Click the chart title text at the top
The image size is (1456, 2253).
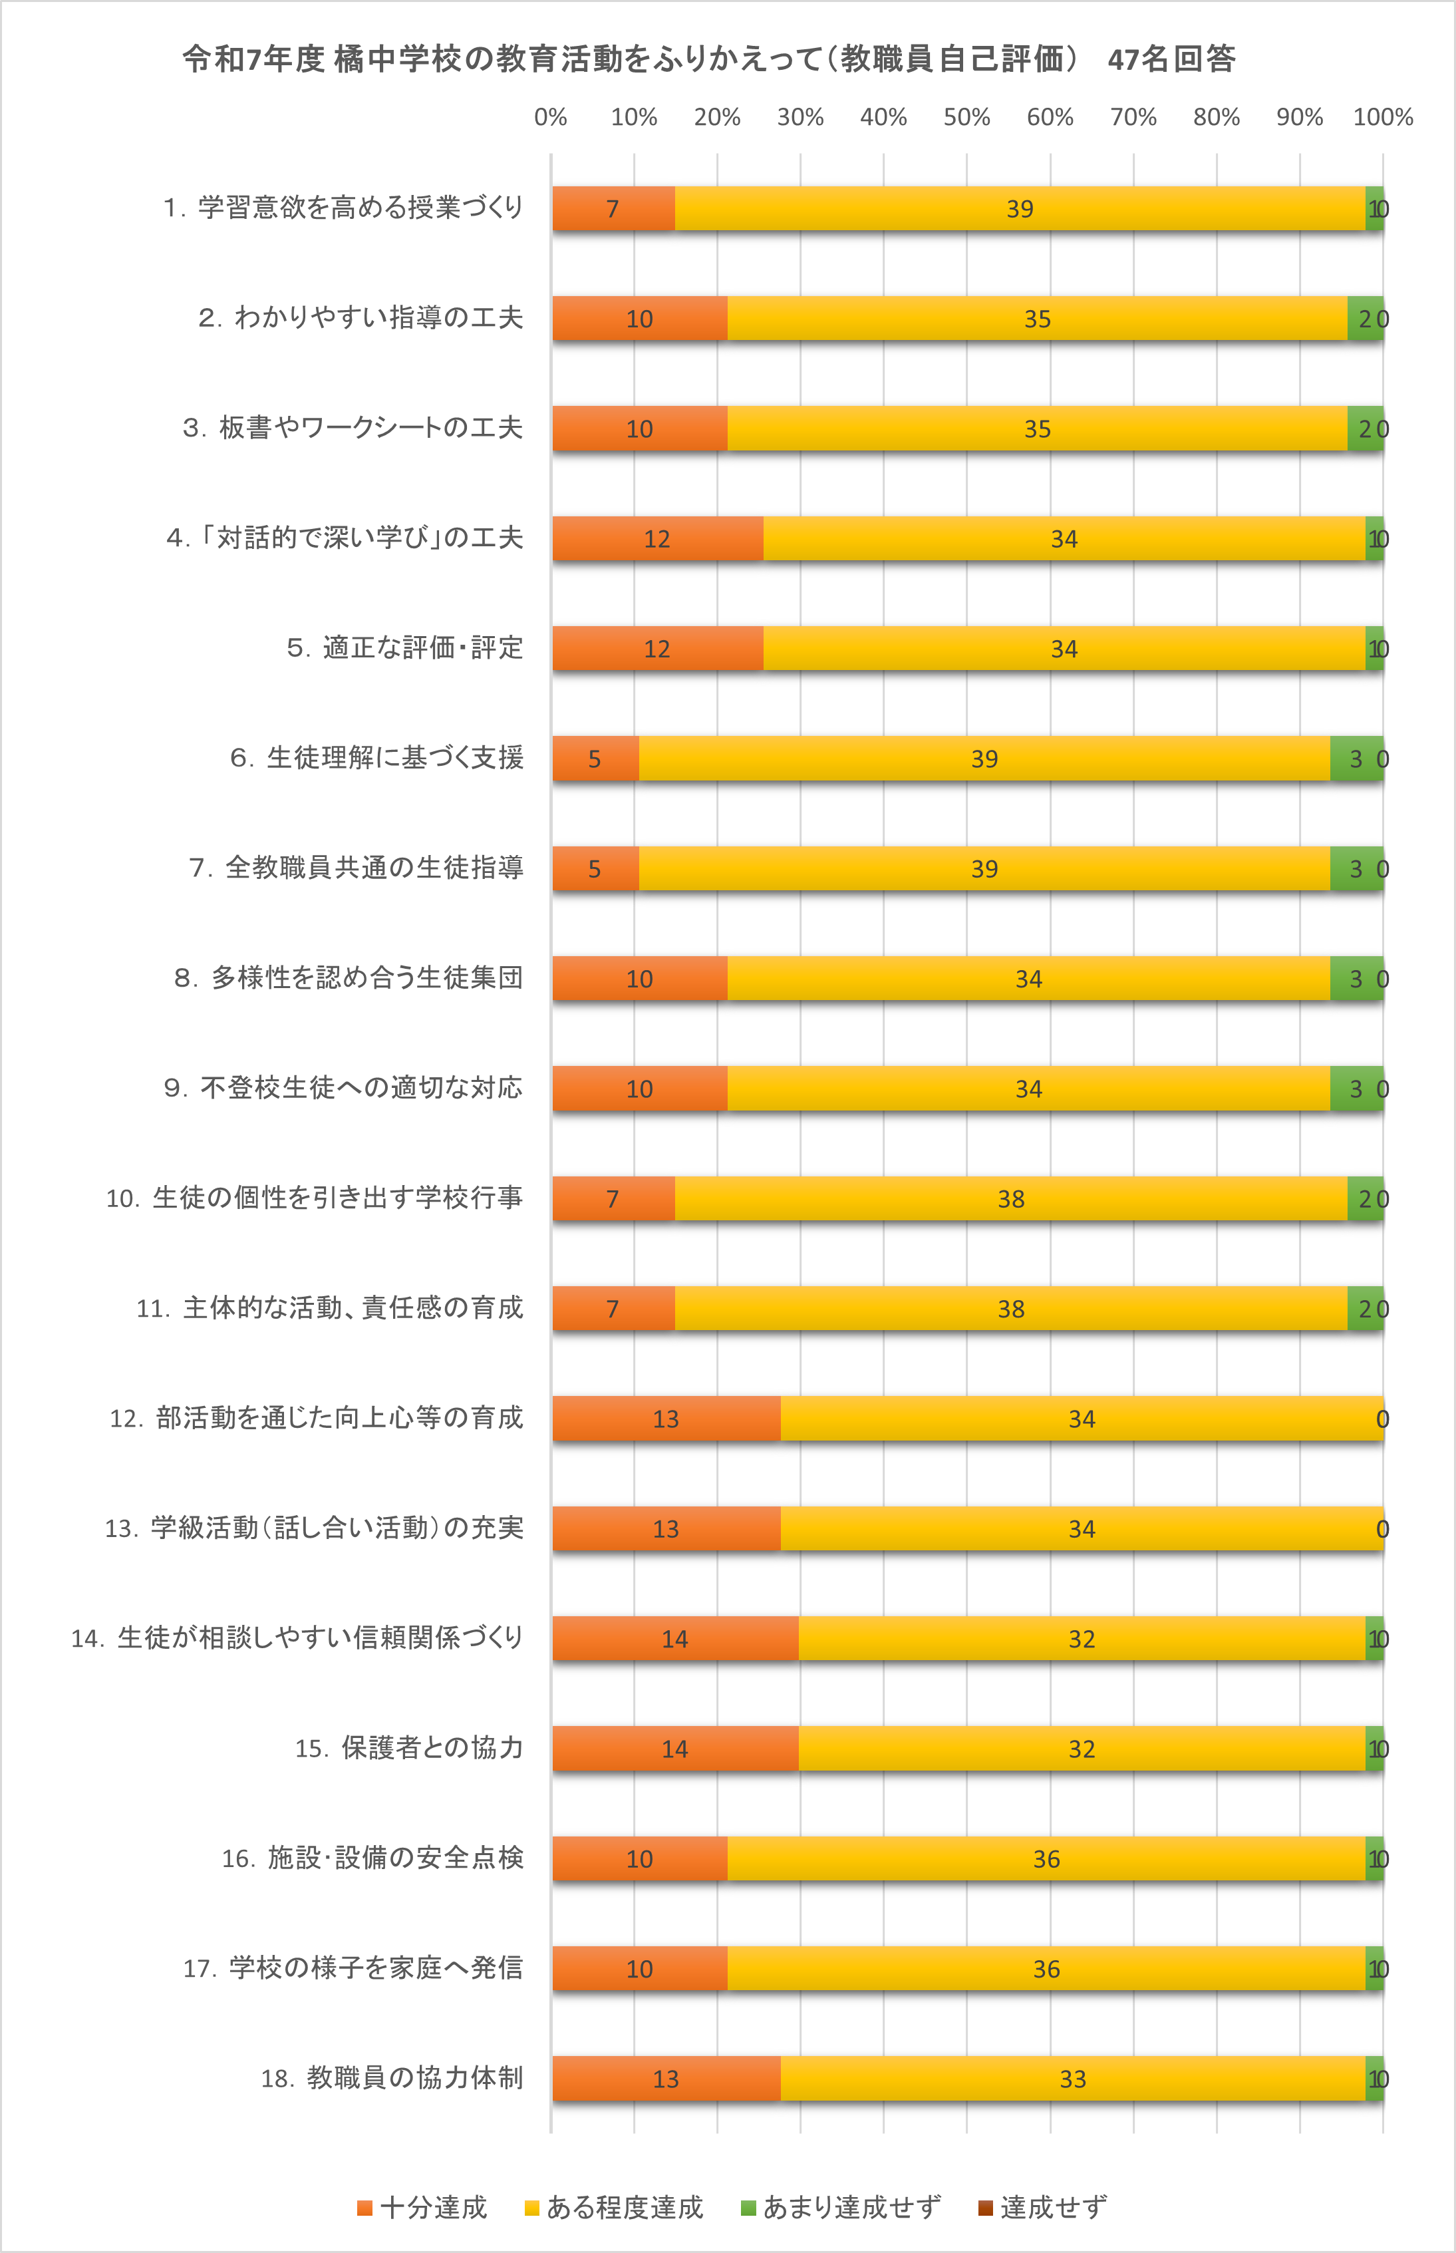[709, 59]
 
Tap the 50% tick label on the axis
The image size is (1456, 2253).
[966, 117]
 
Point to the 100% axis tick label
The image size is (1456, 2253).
[1382, 117]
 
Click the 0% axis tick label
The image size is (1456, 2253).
[550, 117]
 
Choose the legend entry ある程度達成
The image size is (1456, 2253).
[615, 2208]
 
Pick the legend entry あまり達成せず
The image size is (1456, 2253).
[841, 2208]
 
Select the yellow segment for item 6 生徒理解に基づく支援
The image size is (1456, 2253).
[984, 759]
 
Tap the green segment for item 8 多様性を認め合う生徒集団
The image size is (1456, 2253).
[1356, 979]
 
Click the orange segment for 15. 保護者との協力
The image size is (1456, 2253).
[675, 1749]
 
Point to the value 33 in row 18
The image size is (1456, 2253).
[1072, 2079]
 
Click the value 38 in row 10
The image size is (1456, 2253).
[1011, 1198]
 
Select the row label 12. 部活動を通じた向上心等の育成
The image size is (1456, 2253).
[316, 1418]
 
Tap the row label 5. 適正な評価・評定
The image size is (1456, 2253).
[404, 648]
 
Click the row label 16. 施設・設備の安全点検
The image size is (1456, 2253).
[372, 1858]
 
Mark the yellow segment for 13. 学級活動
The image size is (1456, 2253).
[1082, 1528]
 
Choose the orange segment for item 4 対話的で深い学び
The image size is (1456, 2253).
[657, 538]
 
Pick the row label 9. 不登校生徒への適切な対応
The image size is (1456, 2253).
[343, 1088]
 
